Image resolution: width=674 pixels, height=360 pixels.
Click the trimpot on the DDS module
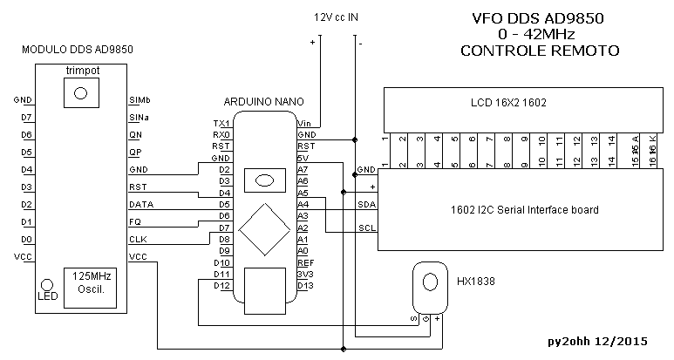click(81, 91)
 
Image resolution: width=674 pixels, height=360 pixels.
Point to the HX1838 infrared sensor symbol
click(428, 282)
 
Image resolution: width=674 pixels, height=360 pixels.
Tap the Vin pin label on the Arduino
click(305, 123)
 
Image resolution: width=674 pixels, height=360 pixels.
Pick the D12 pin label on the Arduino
click(221, 286)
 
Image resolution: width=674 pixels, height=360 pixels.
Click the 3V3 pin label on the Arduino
click(305, 274)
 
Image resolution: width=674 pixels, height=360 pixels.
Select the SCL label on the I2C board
click(366, 229)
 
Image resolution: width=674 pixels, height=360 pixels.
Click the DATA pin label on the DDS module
click(141, 204)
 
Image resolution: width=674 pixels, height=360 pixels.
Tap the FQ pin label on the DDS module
click(135, 221)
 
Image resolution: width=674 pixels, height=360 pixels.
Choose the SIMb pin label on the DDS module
click(140, 99)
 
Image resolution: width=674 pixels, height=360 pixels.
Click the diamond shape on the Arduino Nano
click(262, 229)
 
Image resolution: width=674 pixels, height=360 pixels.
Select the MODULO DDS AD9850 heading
click(78, 50)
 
